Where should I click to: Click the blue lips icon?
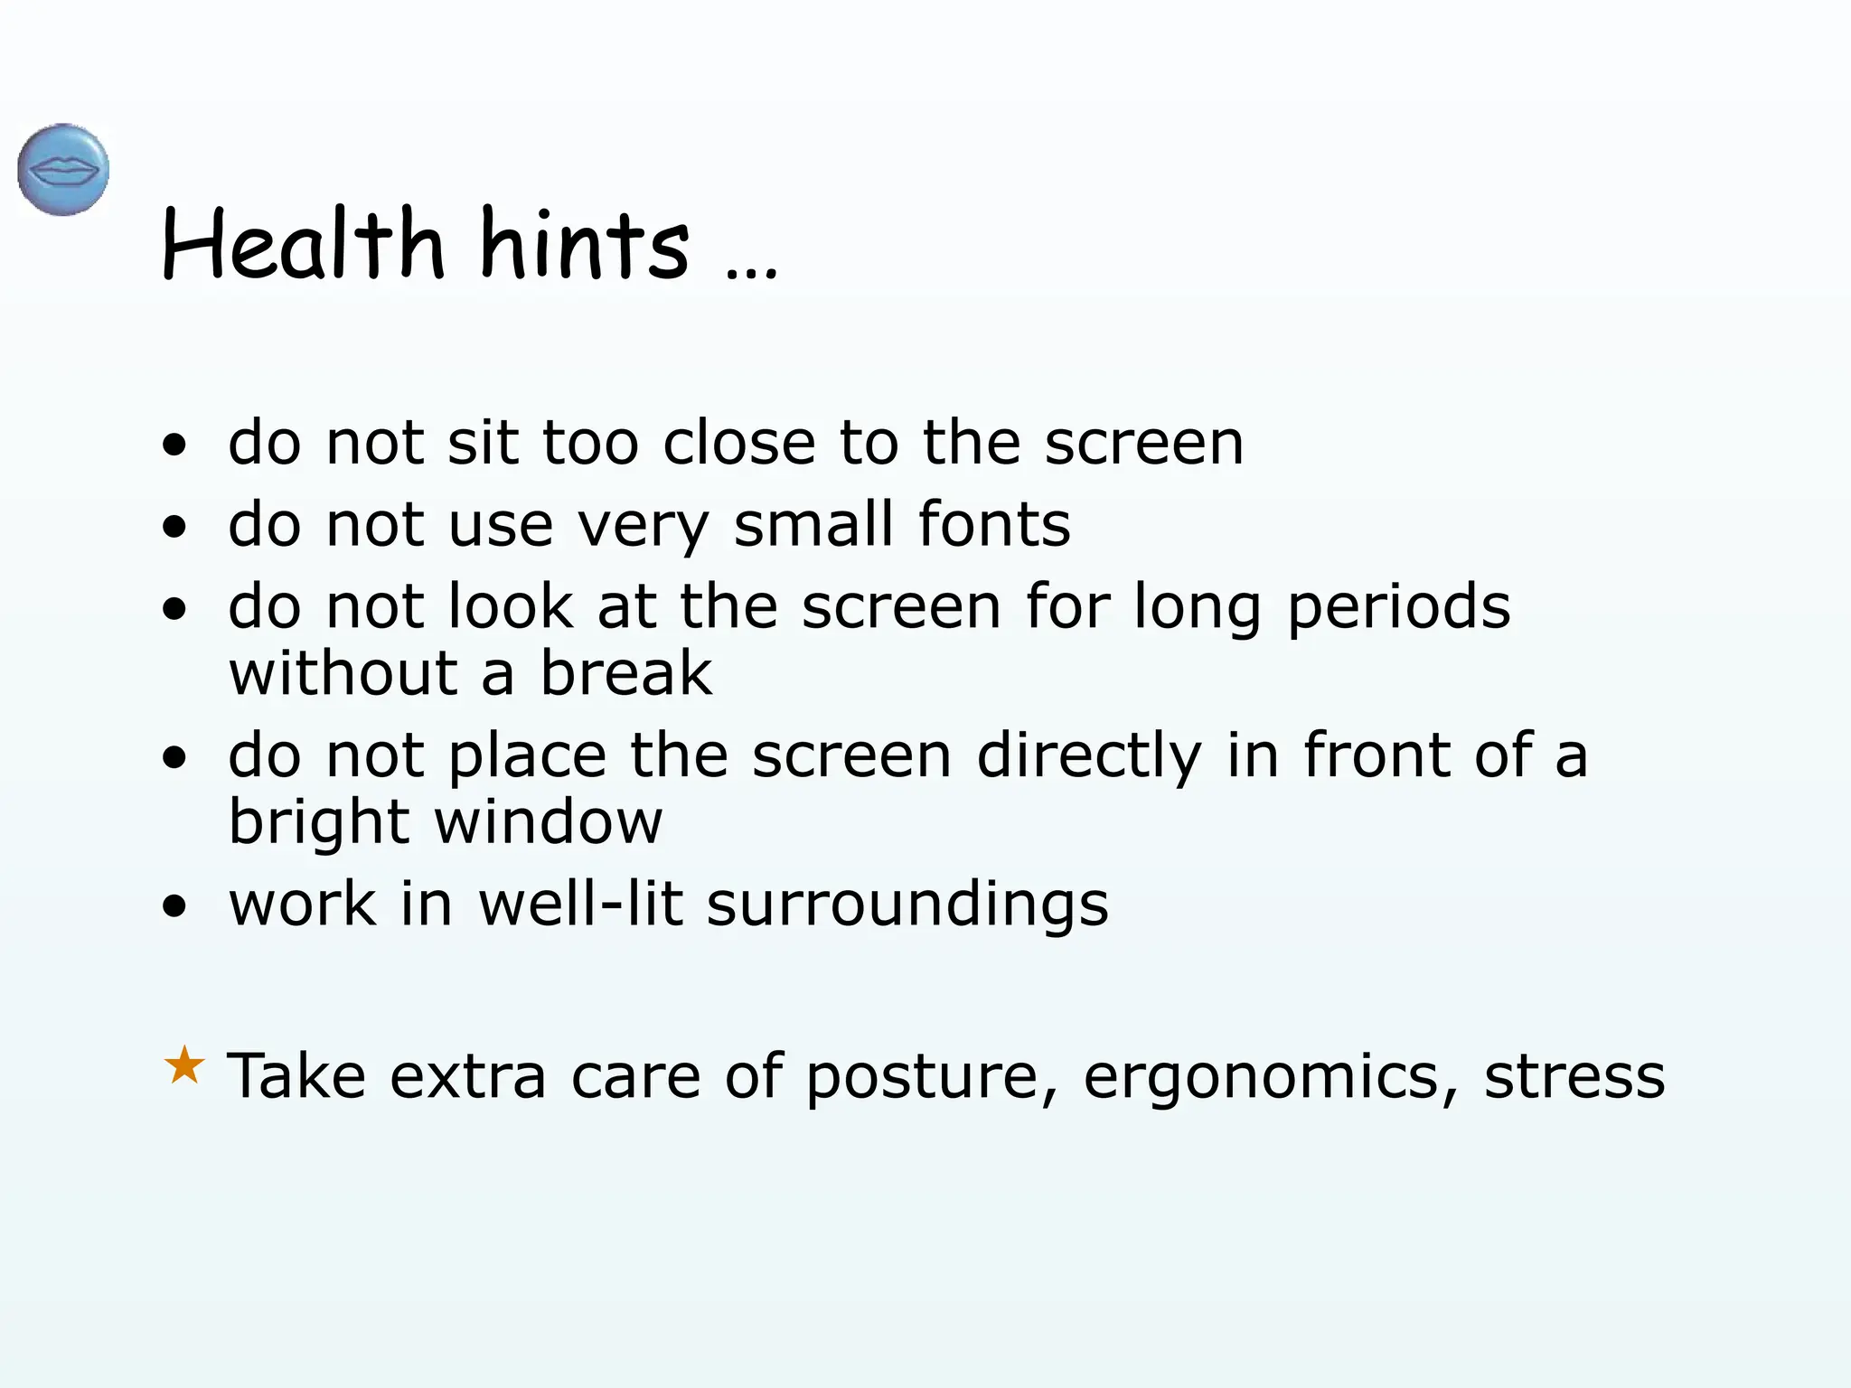pos(63,170)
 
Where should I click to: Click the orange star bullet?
pos(184,1065)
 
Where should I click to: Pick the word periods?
pos(1398,607)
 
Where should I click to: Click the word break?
pos(626,673)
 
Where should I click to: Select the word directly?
pos(1089,756)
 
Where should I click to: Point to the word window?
pos(549,822)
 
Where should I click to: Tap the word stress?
pos(1574,1077)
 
